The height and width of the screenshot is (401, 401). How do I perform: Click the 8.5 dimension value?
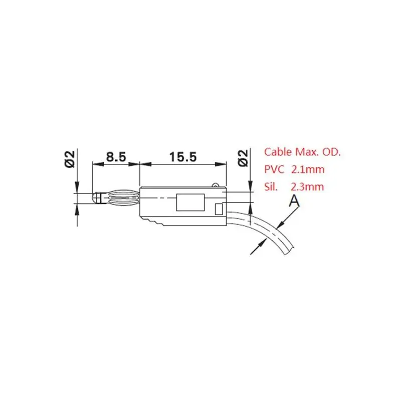(116, 156)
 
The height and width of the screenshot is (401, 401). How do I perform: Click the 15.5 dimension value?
(183, 156)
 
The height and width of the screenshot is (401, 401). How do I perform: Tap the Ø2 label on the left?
(70, 159)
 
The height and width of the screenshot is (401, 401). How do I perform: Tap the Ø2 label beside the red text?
(243, 158)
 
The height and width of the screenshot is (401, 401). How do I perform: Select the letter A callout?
(294, 200)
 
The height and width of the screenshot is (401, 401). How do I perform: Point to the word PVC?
(274, 169)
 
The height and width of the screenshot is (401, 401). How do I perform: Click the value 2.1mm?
(308, 169)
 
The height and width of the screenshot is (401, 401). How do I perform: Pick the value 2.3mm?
(307, 186)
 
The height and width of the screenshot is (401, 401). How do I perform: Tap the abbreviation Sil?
(271, 186)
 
